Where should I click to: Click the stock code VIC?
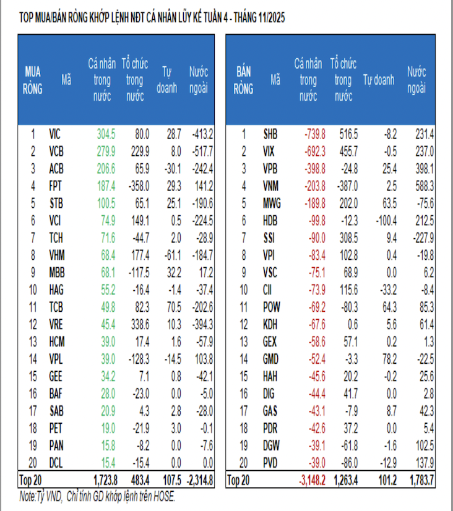[56, 133]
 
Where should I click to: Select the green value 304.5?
[106, 133]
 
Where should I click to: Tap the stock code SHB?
[271, 133]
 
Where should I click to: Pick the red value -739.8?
[314, 133]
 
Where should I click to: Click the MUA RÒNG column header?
[33, 79]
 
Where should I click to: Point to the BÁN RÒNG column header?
[244, 79]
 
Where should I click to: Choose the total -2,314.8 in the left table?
[199, 479]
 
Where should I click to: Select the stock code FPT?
[56, 185]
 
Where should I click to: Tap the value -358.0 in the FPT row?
[137, 185]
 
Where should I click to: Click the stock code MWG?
[272, 202]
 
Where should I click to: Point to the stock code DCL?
[56, 462]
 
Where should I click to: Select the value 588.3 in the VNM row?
[421, 185]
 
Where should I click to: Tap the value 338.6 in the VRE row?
[138, 324]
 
